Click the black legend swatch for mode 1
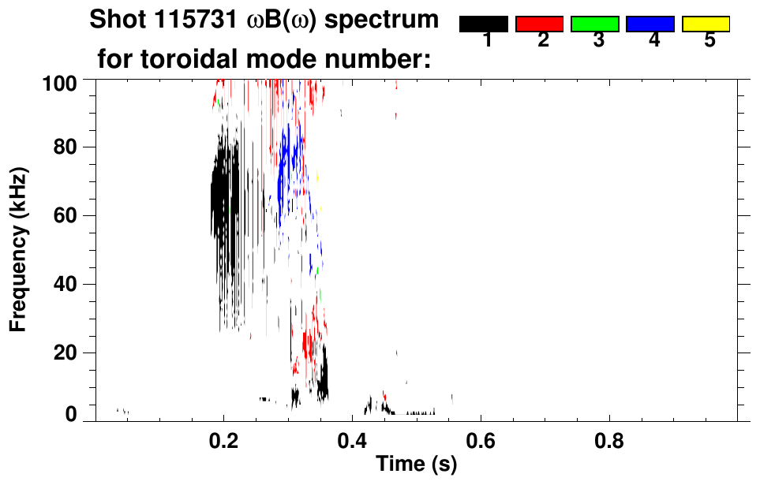pos(483,24)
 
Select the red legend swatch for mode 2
pos(539,24)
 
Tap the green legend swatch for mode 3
pos(594,24)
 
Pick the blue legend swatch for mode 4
pos(650,24)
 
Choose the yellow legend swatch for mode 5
pos(706,24)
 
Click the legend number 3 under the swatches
pos(599,40)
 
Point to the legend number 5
pos(709,40)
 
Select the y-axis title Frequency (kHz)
pos(18,249)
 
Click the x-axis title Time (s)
pos(416,464)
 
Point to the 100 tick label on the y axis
pos(60,81)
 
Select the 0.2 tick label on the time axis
pos(224,440)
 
